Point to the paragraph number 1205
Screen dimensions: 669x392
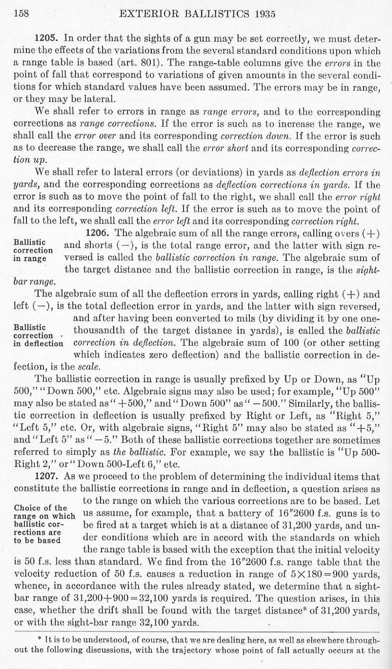point(46,39)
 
